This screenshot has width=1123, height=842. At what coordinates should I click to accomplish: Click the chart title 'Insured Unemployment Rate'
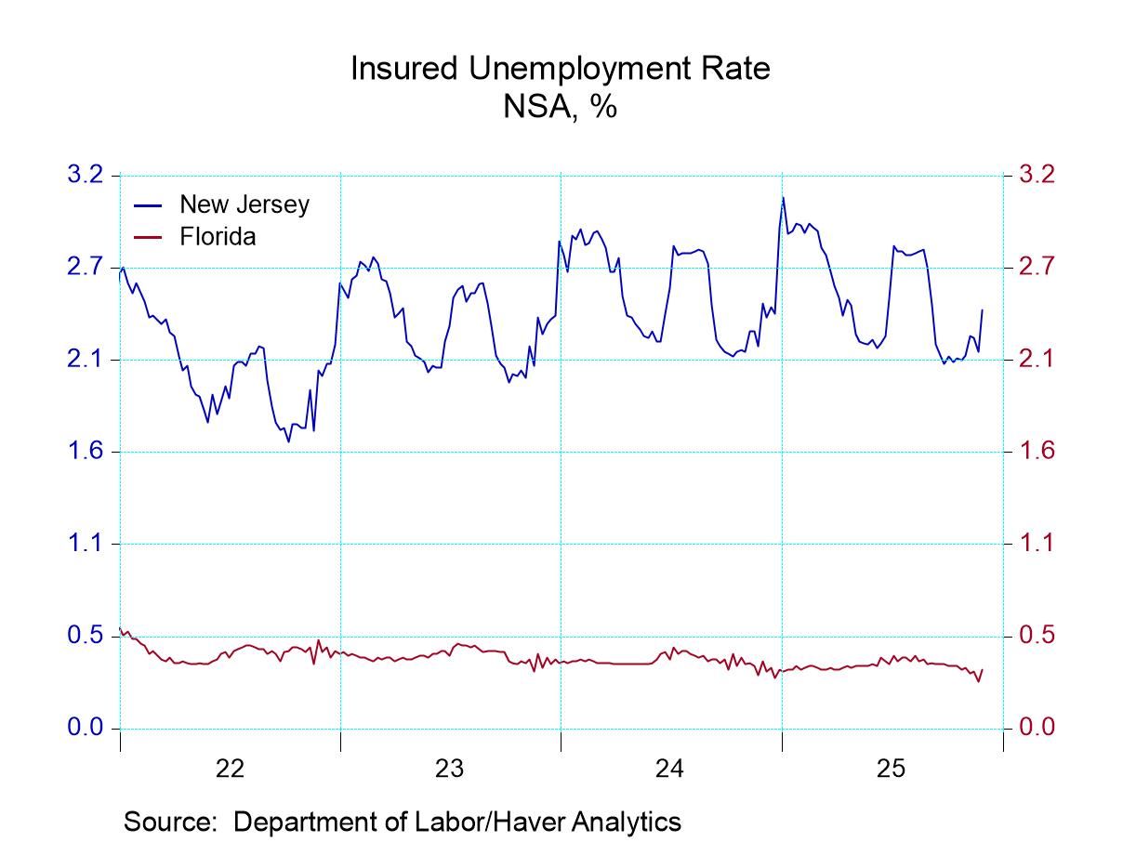(x=560, y=69)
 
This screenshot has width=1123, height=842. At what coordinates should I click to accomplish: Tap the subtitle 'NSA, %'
(x=560, y=107)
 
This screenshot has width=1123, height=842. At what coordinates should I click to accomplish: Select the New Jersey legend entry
(x=244, y=204)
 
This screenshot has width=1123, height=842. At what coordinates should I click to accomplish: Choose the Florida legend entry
(x=217, y=237)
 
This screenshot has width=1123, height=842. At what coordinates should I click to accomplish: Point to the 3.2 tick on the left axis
(x=86, y=175)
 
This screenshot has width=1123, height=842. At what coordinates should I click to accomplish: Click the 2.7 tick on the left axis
(x=86, y=268)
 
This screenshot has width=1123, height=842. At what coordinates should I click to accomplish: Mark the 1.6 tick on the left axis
(x=86, y=452)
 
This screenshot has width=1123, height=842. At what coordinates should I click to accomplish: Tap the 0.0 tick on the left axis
(x=86, y=728)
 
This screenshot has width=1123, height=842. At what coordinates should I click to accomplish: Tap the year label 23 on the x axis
(x=450, y=769)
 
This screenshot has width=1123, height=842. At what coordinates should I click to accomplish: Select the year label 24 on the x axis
(x=670, y=769)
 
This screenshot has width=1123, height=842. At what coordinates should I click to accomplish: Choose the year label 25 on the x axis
(x=891, y=769)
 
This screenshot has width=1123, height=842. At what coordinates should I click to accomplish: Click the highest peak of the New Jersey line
(x=783, y=197)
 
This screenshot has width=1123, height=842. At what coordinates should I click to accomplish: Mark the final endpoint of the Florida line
(x=983, y=670)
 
